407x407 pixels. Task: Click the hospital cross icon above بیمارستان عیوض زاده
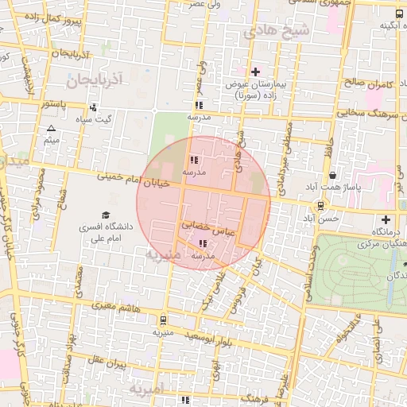click(x=255, y=72)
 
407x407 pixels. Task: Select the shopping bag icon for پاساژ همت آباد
click(x=331, y=175)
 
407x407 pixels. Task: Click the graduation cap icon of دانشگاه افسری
click(x=105, y=215)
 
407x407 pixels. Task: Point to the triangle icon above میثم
click(x=52, y=128)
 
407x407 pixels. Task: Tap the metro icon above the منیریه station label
click(x=163, y=320)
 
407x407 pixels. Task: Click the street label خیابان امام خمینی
click(x=133, y=180)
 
